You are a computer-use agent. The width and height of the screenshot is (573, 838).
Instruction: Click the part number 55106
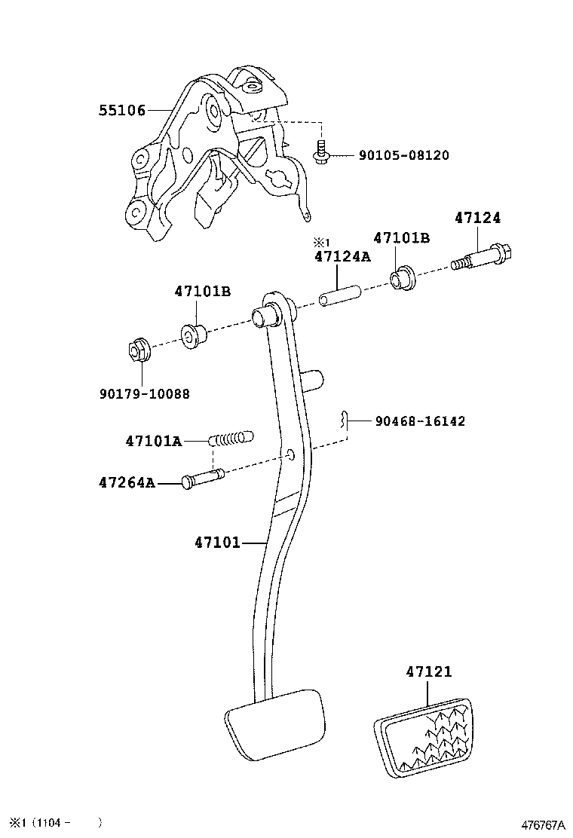tap(121, 111)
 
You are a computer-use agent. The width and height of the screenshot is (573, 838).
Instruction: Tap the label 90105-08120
tap(403, 155)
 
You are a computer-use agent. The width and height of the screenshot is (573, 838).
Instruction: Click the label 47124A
tap(342, 256)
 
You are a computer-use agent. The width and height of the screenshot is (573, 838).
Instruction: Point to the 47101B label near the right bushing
tap(402, 238)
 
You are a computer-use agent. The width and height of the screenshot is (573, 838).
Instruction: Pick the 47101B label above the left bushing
tap(202, 291)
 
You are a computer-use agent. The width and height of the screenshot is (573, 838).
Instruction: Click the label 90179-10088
tap(144, 393)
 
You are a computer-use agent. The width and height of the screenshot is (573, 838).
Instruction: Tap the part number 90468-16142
tap(420, 421)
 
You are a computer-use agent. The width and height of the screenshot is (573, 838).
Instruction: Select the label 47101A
tap(154, 441)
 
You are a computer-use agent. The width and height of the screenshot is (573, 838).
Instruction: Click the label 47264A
tap(126, 482)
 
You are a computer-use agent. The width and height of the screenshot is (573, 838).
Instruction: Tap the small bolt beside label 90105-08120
tap(320, 153)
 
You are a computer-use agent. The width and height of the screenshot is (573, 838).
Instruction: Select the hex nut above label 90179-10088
tap(136, 350)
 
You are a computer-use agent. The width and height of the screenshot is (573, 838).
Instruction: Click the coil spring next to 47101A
tap(231, 439)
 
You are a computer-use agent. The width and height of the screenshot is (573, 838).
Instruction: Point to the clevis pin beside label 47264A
tap(202, 479)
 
